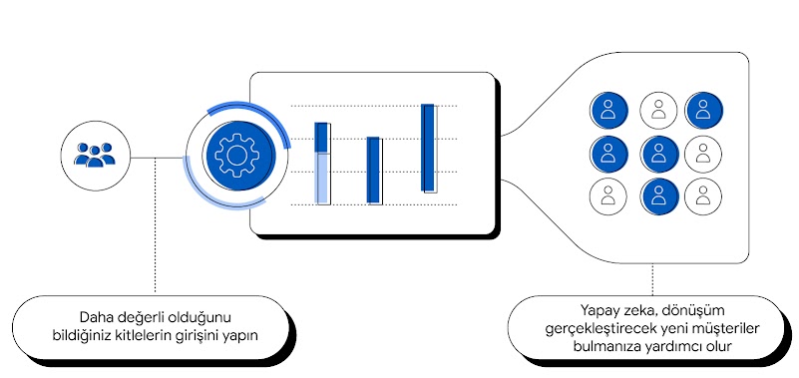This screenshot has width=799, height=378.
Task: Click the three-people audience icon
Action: tap(95, 155)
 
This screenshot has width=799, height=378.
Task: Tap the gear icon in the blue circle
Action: tap(235, 156)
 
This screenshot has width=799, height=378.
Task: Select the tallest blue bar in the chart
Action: tap(428, 147)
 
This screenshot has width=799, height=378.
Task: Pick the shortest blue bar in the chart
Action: tap(374, 170)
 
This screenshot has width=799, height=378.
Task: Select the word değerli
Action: tap(149, 316)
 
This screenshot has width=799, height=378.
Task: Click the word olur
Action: tap(717, 346)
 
